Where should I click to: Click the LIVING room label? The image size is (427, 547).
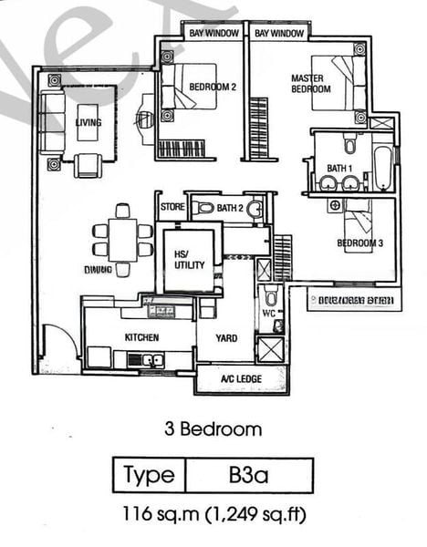89,122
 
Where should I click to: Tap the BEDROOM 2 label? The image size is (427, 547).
213,88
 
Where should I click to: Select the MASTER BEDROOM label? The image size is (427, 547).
309,84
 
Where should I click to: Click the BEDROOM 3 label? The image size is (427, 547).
359,243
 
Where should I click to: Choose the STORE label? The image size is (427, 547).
171,208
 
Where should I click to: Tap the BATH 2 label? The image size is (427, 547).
229,208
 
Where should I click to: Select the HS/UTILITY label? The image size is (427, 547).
190,260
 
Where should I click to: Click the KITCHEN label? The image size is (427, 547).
141,337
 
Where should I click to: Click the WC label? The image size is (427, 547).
268,314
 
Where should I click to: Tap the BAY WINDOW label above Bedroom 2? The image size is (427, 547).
214,34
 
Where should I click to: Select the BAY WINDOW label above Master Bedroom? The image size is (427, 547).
279,34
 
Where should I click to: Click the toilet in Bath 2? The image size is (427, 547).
203,208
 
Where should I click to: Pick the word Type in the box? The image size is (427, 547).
149,475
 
